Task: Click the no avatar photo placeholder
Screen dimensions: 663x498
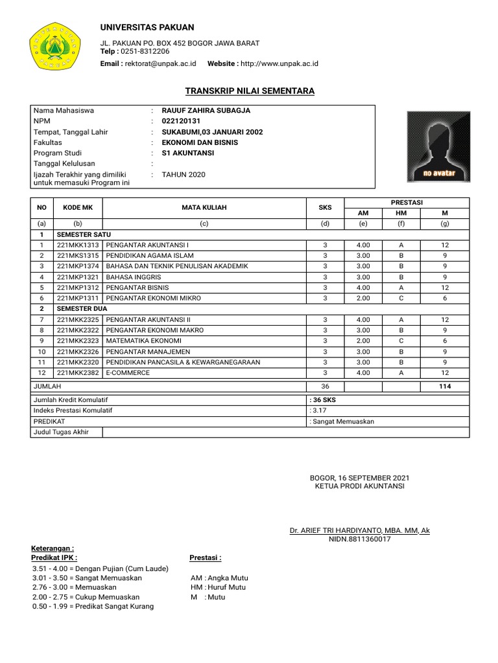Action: [439, 147]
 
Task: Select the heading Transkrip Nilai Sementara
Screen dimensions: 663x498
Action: [250, 91]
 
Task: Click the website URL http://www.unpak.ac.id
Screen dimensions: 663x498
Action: [280, 63]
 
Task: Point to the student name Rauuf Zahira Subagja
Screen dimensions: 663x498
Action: [206, 111]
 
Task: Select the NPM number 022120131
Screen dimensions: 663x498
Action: [181, 121]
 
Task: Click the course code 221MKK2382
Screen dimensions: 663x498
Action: [78, 373]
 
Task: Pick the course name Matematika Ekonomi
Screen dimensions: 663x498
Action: [143, 341]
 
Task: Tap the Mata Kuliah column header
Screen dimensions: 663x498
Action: [204, 208]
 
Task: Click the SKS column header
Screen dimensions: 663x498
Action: [325, 208]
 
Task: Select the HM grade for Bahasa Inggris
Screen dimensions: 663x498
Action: [401, 277]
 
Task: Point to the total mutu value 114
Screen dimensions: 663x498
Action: [445, 387]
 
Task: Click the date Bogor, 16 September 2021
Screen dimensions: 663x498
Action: [360, 478]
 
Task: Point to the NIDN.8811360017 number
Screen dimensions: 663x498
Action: [360, 539]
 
